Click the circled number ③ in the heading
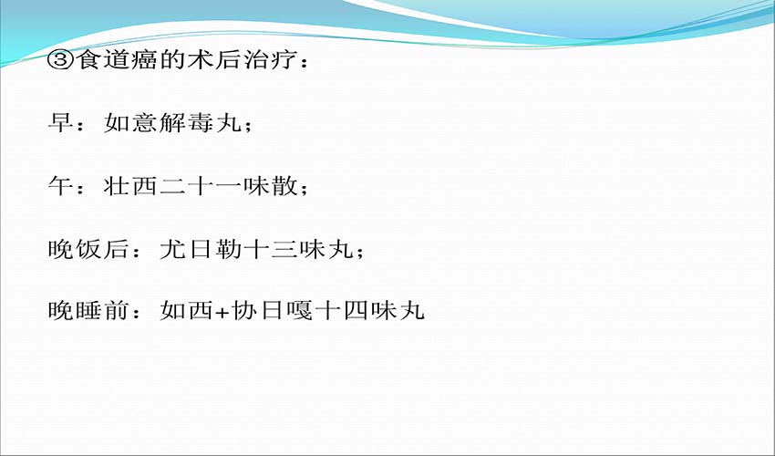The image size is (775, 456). point(61,60)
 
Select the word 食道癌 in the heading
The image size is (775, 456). point(117,60)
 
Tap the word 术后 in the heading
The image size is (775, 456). point(213,60)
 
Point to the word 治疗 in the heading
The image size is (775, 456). point(269,60)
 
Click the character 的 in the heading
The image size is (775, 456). point(172,60)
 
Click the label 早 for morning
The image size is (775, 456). point(60,122)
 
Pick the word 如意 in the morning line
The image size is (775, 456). point(130,122)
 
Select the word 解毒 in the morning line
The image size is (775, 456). point(186,122)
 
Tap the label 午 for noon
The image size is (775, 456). point(60,185)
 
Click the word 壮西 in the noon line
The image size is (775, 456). point(130,185)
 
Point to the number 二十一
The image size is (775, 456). point(201,186)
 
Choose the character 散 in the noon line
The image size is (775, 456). point(284,185)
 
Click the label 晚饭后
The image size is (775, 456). point(88,248)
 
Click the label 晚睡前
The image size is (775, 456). point(88,311)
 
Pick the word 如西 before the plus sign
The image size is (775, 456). point(186,311)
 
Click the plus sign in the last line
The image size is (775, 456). point(222,312)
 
